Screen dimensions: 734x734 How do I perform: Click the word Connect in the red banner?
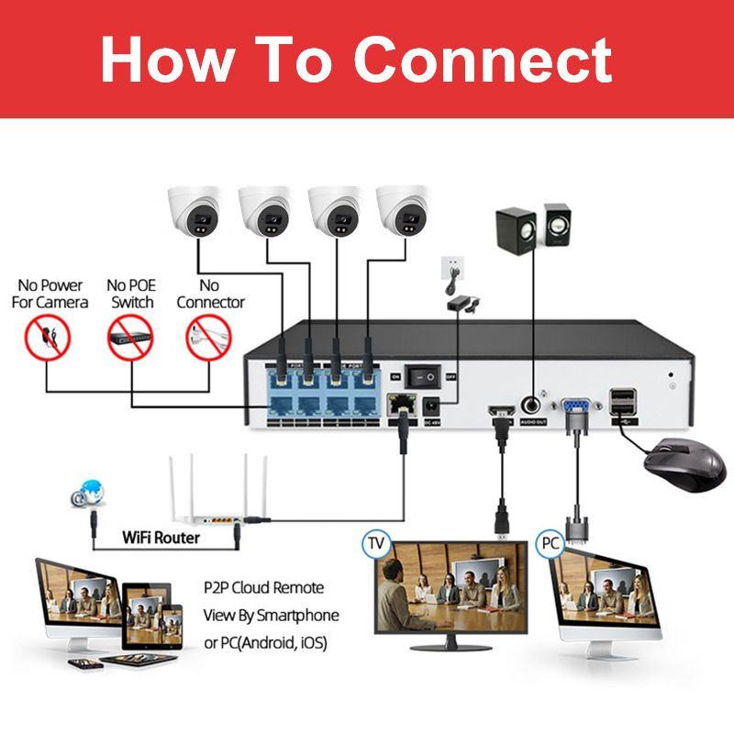(483, 60)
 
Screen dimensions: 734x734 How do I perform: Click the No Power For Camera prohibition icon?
(48, 336)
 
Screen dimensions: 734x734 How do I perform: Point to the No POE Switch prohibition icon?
(129, 336)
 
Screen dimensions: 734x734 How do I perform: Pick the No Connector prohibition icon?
(209, 336)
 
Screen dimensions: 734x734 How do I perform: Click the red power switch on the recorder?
(425, 375)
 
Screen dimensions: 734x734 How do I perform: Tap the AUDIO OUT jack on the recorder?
(530, 404)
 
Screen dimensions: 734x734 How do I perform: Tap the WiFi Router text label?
(161, 537)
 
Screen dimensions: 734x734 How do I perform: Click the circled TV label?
(376, 543)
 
